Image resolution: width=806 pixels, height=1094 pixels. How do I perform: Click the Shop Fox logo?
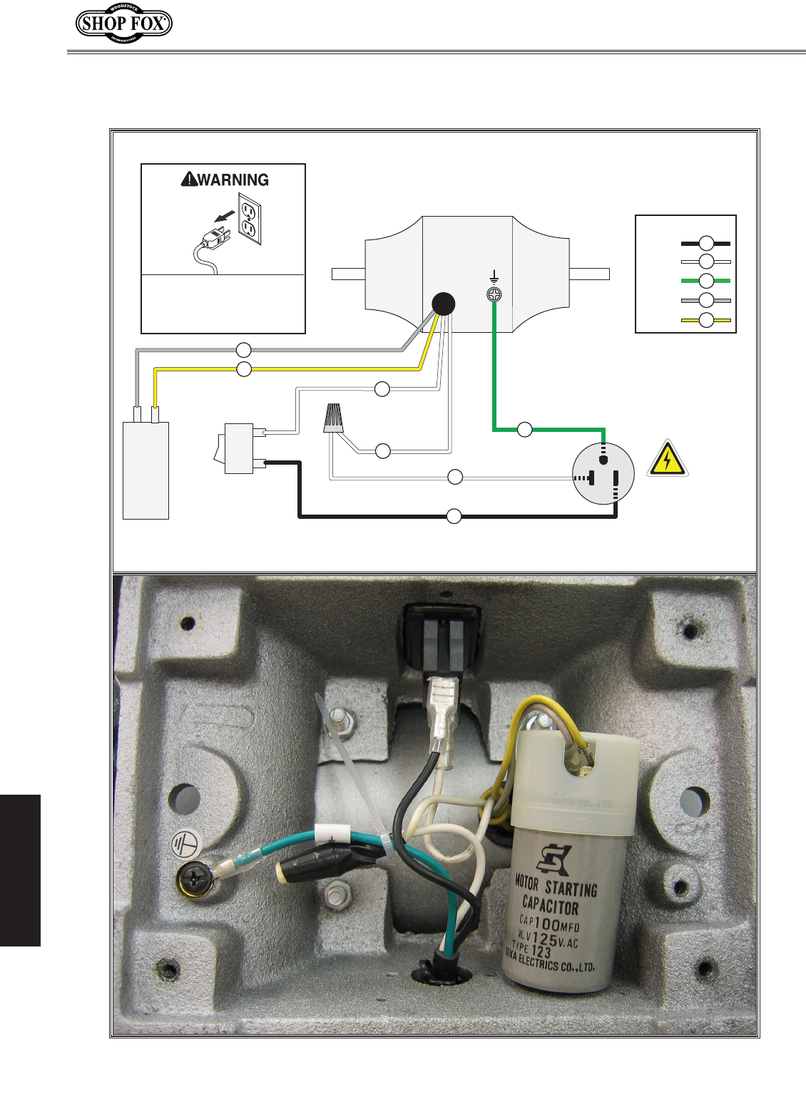coord(124,24)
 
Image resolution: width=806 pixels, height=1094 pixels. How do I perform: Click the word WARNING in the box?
coord(233,180)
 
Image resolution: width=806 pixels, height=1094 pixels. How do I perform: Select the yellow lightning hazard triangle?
coord(667,459)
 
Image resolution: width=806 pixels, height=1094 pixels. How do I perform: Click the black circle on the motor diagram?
coord(444,304)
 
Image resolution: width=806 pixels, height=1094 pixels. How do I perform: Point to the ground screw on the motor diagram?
coord(494,294)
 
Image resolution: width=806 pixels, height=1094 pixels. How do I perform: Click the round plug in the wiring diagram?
coord(603,473)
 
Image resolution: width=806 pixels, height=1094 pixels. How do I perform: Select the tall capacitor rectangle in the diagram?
coord(146,470)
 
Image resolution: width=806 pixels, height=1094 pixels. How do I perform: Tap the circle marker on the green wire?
coord(524,430)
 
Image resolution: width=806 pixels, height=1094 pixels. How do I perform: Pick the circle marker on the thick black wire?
coord(454,516)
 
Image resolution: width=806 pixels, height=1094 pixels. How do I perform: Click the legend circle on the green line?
coord(706,281)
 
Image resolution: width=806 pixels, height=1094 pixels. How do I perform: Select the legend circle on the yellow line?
coord(706,320)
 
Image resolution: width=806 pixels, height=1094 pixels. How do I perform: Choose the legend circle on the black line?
coord(706,242)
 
